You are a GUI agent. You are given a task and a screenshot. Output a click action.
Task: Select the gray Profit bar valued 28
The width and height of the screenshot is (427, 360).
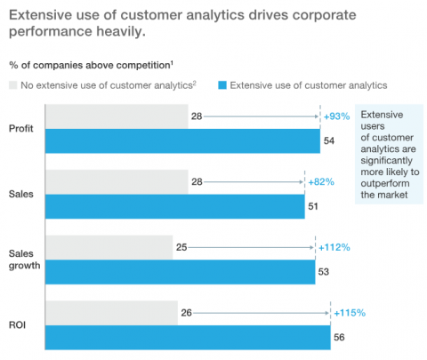[116, 116]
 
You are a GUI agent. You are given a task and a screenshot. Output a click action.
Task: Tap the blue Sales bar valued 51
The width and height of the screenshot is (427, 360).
[174, 206]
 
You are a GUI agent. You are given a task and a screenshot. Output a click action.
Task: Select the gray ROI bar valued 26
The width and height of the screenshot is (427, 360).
[111, 313]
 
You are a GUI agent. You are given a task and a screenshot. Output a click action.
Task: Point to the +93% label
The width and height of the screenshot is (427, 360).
[336, 116]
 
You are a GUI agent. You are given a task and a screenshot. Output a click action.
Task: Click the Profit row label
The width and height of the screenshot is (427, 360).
[21, 129]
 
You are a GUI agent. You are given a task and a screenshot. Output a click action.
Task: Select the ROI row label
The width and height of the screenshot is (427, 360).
[18, 325]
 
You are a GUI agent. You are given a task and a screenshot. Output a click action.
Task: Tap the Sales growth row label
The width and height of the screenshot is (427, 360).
[24, 260]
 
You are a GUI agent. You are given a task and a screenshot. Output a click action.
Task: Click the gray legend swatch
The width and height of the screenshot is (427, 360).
[15, 85]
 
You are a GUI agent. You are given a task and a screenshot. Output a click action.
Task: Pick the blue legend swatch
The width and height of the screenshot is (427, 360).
[222, 85]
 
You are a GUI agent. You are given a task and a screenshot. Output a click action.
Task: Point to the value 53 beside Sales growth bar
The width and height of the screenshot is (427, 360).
[326, 271]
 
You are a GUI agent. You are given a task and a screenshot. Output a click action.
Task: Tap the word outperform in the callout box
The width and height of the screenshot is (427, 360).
[385, 183]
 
